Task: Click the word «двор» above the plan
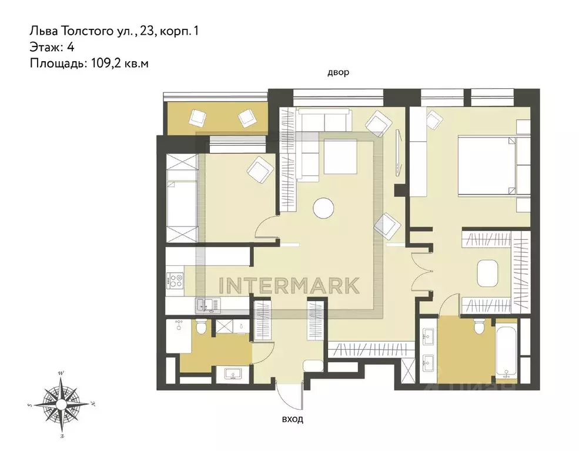[338, 73]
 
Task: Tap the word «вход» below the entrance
[293, 419]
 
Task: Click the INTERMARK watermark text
[289, 286]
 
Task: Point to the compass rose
[61, 405]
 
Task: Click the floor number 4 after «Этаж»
[71, 47]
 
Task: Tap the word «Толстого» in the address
[85, 31]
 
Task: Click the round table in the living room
[323, 208]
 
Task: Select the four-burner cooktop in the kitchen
[175, 280]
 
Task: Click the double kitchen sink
[207, 305]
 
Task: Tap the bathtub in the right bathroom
[506, 351]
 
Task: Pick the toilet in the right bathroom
[479, 325]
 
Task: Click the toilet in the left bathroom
[201, 326]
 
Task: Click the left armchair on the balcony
[198, 118]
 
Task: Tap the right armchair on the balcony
[247, 118]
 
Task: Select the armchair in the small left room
[260, 169]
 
